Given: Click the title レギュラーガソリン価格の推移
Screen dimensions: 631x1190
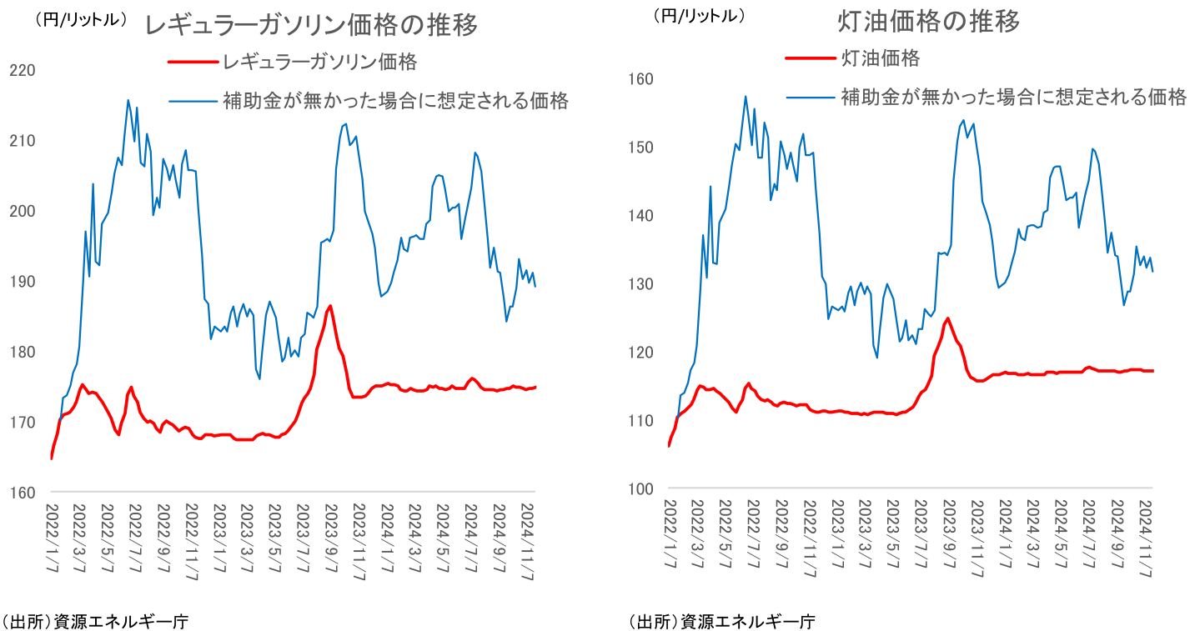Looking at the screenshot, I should pyautogui.click(x=311, y=25).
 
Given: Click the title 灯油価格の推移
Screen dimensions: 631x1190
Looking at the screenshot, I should pyautogui.click(x=928, y=22).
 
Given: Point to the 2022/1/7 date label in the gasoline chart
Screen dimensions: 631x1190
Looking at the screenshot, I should pyautogui.click(x=52, y=538).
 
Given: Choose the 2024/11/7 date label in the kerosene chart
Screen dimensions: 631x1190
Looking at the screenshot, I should pyautogui.click(x=1146, y=538).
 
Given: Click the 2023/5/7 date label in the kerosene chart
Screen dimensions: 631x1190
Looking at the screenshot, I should pyautogui.click(x=892, y=538).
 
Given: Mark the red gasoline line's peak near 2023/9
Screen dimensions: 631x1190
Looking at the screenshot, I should pyautogui.click(x=331, y=306).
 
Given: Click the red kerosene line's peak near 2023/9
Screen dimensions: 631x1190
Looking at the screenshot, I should pyautogui.click(x=948, y=318).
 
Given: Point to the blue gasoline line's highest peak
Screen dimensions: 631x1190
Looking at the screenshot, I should pyautogui.click(x=128, y=100).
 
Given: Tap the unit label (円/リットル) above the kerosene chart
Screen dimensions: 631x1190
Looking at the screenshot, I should pyautogui.click(x=699, y=14).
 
